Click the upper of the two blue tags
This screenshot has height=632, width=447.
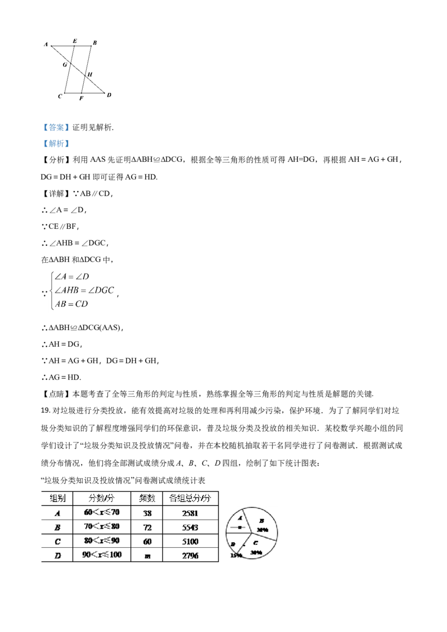(x=56, y=127)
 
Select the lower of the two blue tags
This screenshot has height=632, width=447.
(x=56, y=143)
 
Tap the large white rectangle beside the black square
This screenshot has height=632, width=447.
(x=279, y=71)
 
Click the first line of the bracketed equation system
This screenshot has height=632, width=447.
(x=70, y=276)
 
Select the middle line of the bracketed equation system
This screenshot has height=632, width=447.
(x=84, y=290)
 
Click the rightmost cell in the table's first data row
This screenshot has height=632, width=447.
(x=190, y=512)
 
